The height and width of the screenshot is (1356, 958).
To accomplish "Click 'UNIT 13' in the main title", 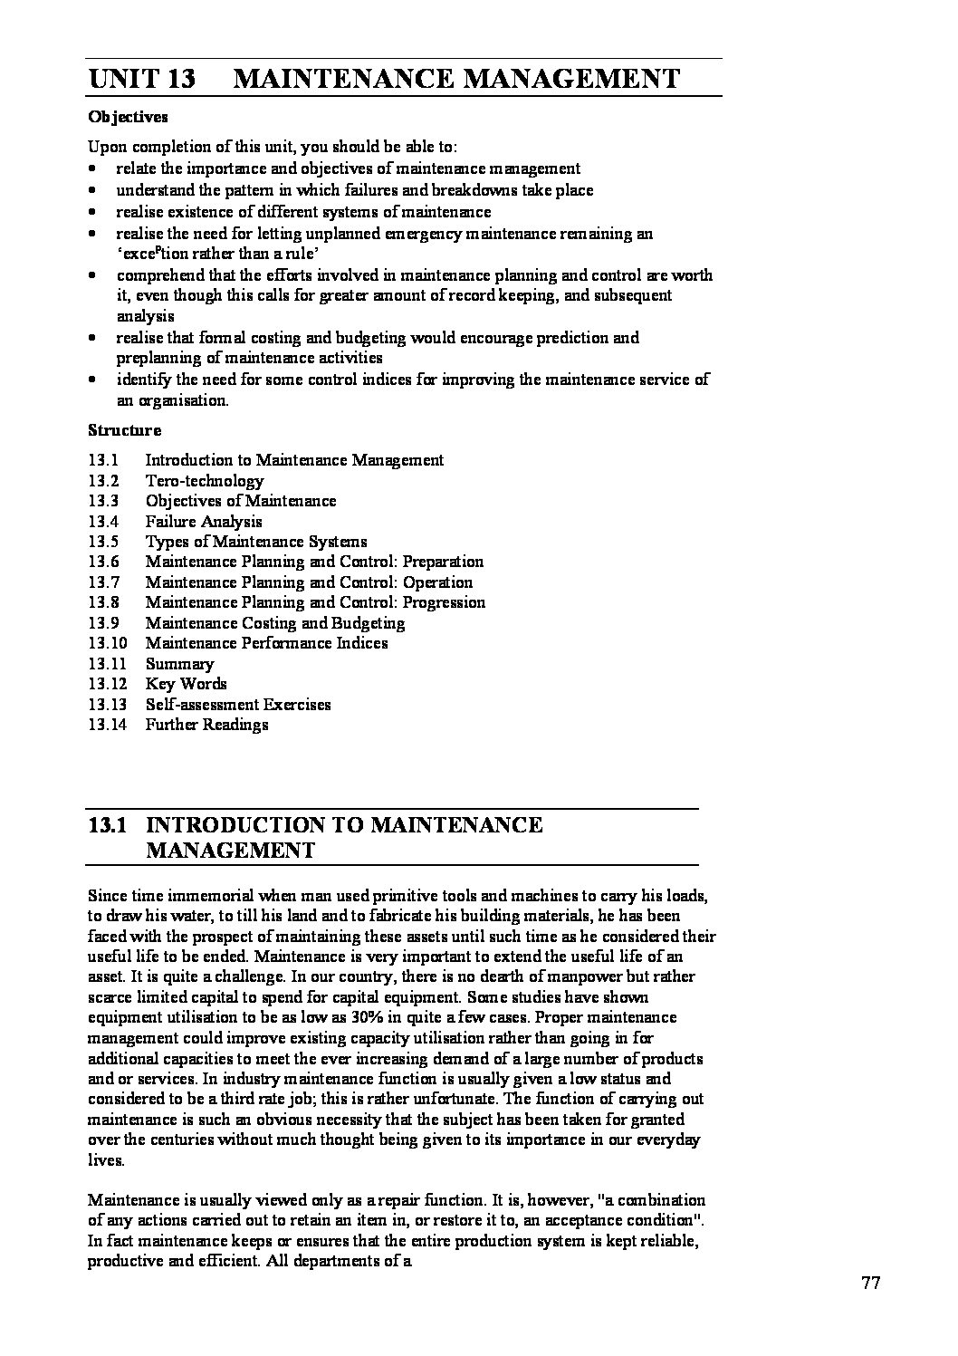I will point(142,79).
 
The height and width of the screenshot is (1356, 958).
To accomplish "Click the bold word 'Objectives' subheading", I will point(128,117).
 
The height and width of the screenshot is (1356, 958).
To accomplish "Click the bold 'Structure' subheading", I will point(124,430).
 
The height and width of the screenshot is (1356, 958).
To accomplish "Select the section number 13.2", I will point(103,481).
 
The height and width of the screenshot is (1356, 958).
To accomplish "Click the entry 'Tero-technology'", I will point(205,481).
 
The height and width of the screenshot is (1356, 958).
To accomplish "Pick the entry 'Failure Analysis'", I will point(204,522).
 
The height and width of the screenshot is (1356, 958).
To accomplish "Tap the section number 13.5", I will point(103,542).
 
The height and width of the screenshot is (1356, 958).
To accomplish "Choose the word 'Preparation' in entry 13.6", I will point(443,562).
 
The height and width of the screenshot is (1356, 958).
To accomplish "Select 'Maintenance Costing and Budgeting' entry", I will point(275,623).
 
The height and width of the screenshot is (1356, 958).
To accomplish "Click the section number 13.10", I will point(107,643).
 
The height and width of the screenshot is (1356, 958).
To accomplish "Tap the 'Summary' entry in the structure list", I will point(179,664).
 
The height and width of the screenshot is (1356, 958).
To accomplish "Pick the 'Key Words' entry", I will point(186,684).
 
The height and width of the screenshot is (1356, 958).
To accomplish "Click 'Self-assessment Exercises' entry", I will point(238,705).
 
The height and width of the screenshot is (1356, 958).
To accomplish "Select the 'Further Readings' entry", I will point(206,725).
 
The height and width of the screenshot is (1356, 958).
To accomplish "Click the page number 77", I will point(871,1283).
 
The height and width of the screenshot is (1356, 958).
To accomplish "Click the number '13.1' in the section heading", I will point(111,825).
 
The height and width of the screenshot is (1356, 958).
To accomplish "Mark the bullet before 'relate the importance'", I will point(93,169).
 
